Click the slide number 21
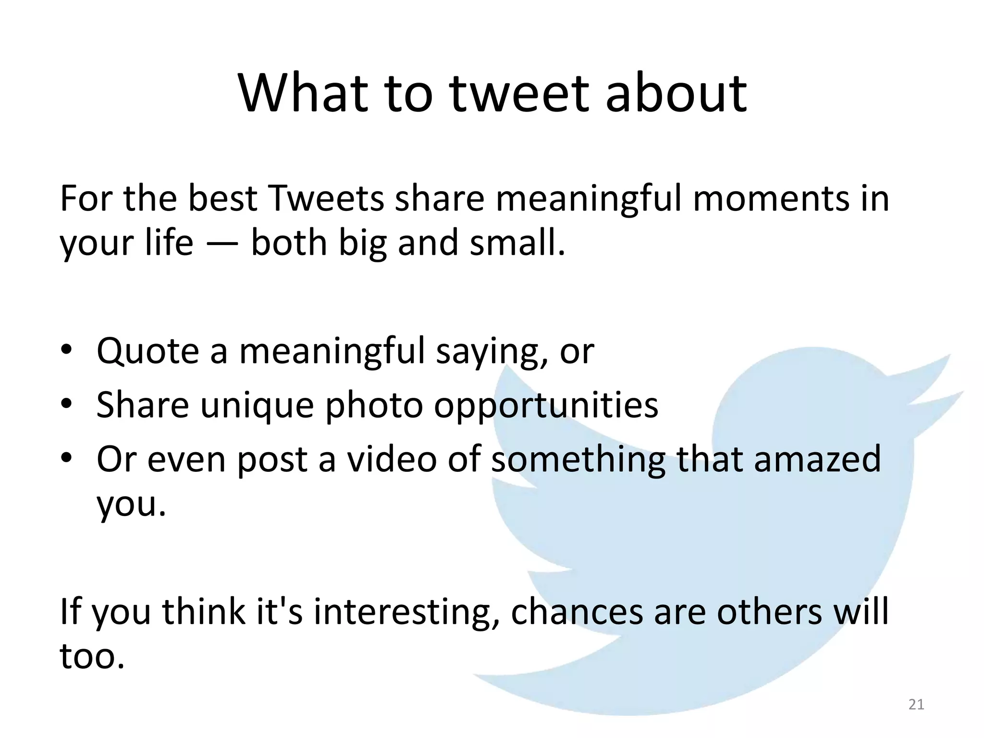pyautogui.click(x=916, y=704)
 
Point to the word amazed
pyautogui.click(x=817, y=459)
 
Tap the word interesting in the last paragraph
pyautogui.click(x=406, y=613)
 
